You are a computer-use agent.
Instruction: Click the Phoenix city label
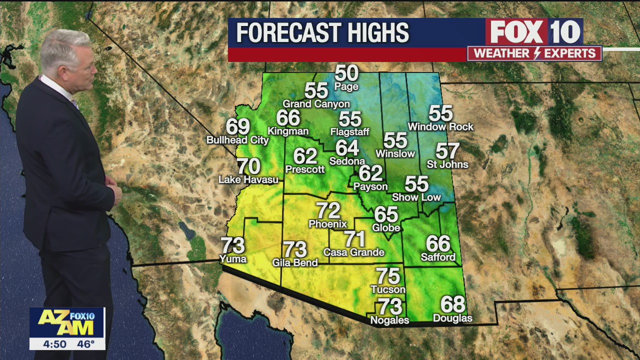(x=327, y=224)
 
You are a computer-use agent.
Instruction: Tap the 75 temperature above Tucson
(x=388, y=276)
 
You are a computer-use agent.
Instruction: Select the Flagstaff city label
(x=349, y=132)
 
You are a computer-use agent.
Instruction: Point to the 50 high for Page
(x=346, y=73)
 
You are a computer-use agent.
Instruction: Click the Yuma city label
(x=233, y=259)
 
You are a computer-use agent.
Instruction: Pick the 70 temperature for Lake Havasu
(x=248, y=166)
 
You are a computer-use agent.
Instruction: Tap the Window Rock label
(x=440, y=127)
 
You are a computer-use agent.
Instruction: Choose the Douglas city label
(x=452, y=318)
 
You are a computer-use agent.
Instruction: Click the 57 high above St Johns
(x=447, y=150)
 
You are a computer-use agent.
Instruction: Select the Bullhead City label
(x=238, y=140)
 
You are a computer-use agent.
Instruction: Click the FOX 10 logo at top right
(x=534, y=32)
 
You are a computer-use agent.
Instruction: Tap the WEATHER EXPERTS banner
(x=534, y=53)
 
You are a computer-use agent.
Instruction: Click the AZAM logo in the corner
(x=66, y=322)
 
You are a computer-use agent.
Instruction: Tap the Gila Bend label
(x=295, y=263)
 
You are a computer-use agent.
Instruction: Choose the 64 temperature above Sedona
(x=347, y=147)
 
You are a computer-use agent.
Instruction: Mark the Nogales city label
(x=389, y=320)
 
